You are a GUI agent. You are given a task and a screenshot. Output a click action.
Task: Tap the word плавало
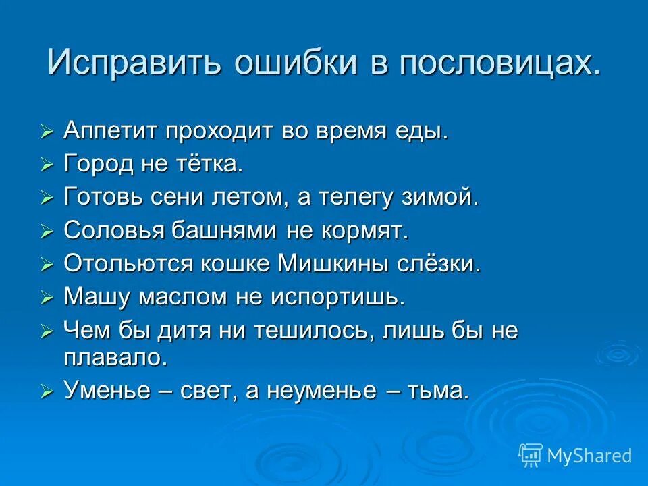(114, 357)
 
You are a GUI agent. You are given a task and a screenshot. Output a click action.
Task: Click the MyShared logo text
(589, 456)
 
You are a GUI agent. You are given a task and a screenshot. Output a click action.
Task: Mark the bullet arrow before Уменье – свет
(47, 392)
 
